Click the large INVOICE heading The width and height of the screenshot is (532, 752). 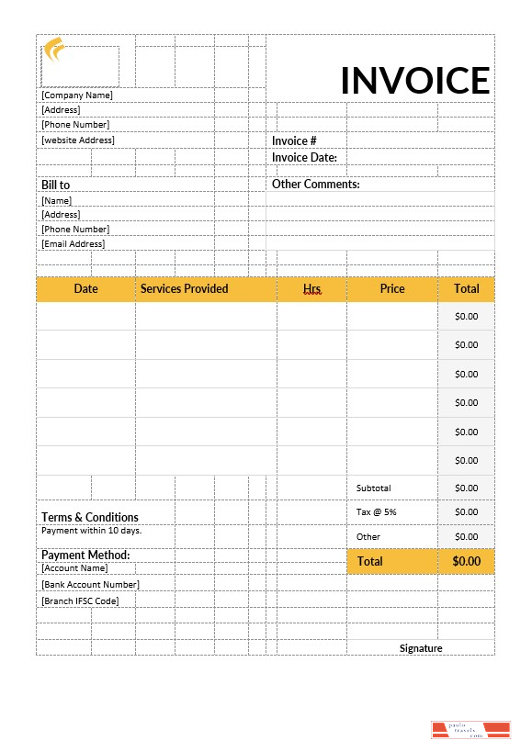415,81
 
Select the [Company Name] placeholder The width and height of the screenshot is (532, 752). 77,95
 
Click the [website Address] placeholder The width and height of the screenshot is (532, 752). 78,140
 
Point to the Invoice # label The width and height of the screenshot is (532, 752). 294,141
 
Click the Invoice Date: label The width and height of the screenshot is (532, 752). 304,158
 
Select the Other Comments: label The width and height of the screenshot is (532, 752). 315,185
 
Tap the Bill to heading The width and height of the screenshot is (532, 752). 55,185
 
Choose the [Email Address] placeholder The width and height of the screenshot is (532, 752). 74,244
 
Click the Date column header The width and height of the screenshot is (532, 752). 85,289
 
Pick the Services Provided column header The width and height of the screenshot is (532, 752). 184,289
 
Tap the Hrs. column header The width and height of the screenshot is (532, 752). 312,289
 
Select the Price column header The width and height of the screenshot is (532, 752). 392,289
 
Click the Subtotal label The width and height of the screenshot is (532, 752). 374,488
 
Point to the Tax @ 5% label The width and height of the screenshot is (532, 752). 377,511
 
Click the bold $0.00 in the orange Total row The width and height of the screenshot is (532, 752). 466,561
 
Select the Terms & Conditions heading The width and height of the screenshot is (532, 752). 90,518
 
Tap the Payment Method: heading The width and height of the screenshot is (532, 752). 85,556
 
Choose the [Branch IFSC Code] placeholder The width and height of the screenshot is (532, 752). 80,601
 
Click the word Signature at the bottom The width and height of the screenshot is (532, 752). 421,648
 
